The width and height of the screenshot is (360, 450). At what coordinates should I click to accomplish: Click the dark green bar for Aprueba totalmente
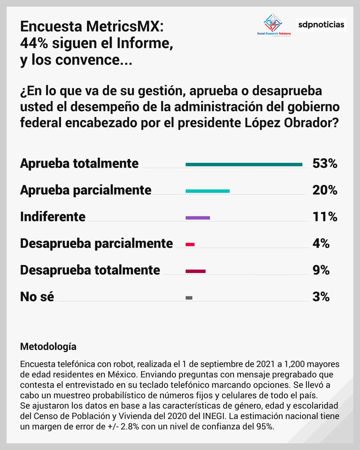(x=244, y=164)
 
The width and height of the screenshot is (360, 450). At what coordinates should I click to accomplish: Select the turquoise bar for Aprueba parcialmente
(x=207, y=191)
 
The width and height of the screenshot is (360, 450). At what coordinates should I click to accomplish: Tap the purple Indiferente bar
(x=198, y=218)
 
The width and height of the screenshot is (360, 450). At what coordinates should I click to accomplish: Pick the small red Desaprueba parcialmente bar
(x=190, y=244)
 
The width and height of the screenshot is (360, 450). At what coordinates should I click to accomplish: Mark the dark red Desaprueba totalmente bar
(x=195, y=271)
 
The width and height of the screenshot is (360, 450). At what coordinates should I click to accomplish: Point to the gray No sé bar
(x=189, y=298)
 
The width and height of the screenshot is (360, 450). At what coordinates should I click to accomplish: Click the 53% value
(x=325, y=163)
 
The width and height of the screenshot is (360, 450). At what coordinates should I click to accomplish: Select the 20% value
(x=325, y=190)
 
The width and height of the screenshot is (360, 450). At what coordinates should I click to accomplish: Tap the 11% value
(x=325, y=217)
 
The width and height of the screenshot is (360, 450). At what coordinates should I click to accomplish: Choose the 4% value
(x=321, y=243)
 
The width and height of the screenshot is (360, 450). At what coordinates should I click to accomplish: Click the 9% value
(x=321, y=270)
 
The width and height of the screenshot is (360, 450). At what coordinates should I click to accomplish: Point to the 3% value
(x=321, y=297)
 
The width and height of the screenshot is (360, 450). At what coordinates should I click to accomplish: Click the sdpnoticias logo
(x=321, y=25)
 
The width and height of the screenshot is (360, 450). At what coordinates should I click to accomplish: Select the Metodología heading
(x=48, y=347)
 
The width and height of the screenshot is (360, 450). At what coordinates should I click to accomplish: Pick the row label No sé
(x=37, y=297)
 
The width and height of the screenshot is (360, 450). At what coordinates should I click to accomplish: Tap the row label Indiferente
(x=53, y=217)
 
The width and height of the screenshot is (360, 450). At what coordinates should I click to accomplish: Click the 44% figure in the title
(x=34, y=43)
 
